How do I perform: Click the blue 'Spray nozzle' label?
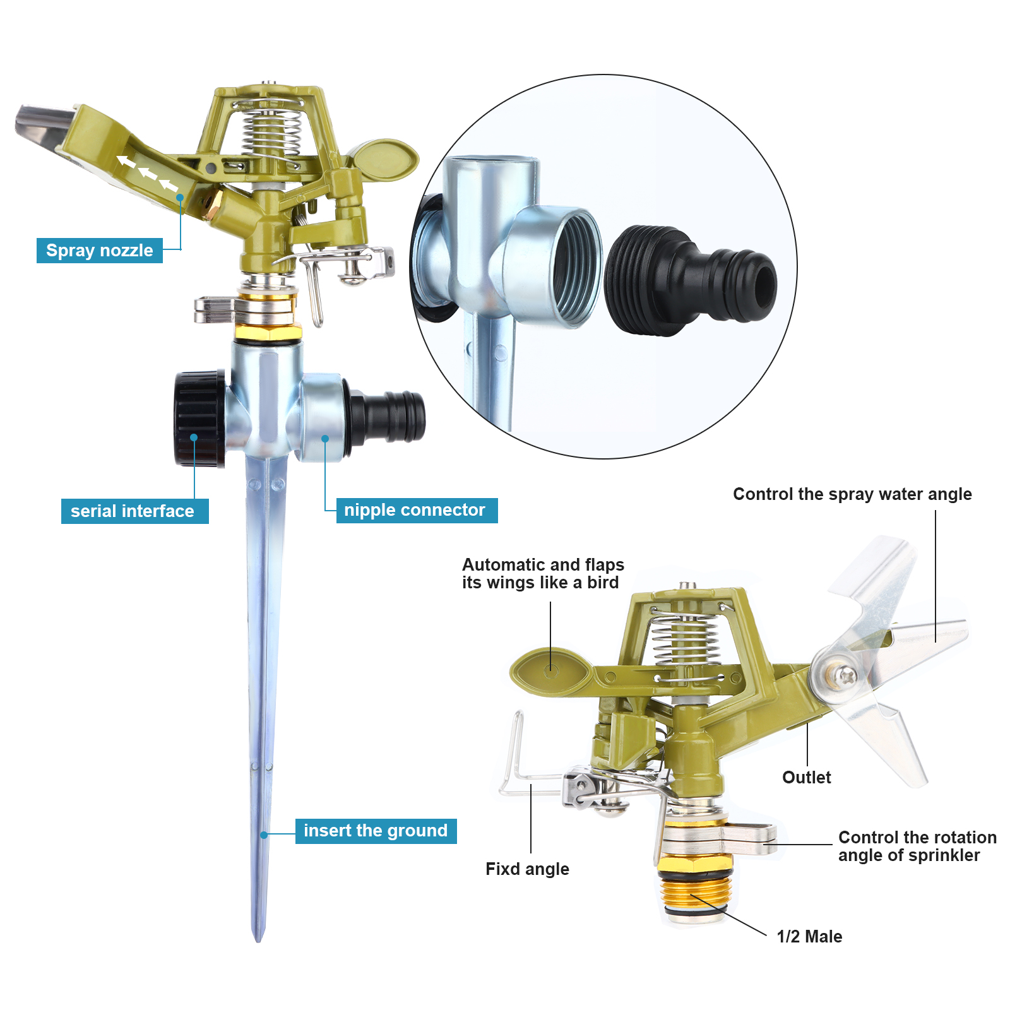100,251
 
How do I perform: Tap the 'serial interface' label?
134,511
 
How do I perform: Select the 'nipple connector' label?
417,510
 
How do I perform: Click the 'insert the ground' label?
376,831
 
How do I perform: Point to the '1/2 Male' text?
809,936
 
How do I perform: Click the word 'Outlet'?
806,777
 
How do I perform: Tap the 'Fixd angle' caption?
527,869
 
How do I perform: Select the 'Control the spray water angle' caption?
852,494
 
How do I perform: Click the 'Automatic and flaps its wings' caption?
543,573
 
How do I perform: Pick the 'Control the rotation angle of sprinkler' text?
917,846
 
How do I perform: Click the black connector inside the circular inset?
690,280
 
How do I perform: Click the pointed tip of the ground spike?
258,941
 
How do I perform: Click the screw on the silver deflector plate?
844,675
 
